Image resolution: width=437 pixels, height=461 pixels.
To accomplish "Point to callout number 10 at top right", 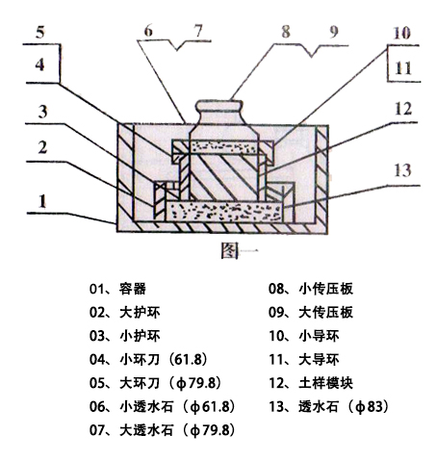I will point(400,32).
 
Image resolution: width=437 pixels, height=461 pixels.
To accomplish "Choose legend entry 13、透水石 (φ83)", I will point(327,405).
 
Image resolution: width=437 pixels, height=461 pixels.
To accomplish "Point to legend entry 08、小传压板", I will point(312,288).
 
